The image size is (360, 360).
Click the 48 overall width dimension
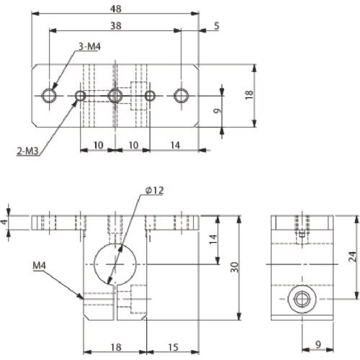coord(116,9)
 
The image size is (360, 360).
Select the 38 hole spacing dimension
coord(116,25)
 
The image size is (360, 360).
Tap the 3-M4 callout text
coord(89,47)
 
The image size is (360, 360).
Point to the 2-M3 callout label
coord(27,151)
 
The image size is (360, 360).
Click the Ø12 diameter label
coord(155,190)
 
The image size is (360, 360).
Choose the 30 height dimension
coord(234,267)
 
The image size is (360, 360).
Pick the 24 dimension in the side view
coord(352,256)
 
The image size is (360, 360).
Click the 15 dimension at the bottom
coord(173,347)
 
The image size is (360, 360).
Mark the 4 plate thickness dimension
coord(4,222)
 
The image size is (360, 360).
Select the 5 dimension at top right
coord(217,26)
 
